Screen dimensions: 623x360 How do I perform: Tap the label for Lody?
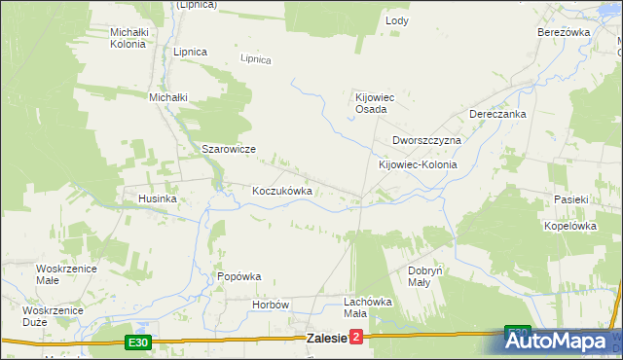coord(397,20)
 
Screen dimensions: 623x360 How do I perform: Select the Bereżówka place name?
coord(565,32)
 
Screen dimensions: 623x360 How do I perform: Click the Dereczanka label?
coord(497,114)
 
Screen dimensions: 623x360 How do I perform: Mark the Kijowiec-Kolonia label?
coord(418,165)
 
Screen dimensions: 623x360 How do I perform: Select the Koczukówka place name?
coord(282,191)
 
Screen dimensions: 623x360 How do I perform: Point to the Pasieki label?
coord(571,199)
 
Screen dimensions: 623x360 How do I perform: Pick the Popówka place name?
coord(239,276)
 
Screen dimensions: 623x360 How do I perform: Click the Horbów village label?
coord(272,305)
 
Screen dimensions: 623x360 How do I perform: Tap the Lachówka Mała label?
coord(368,307)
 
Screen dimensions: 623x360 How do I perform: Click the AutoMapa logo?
coord(563,342)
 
